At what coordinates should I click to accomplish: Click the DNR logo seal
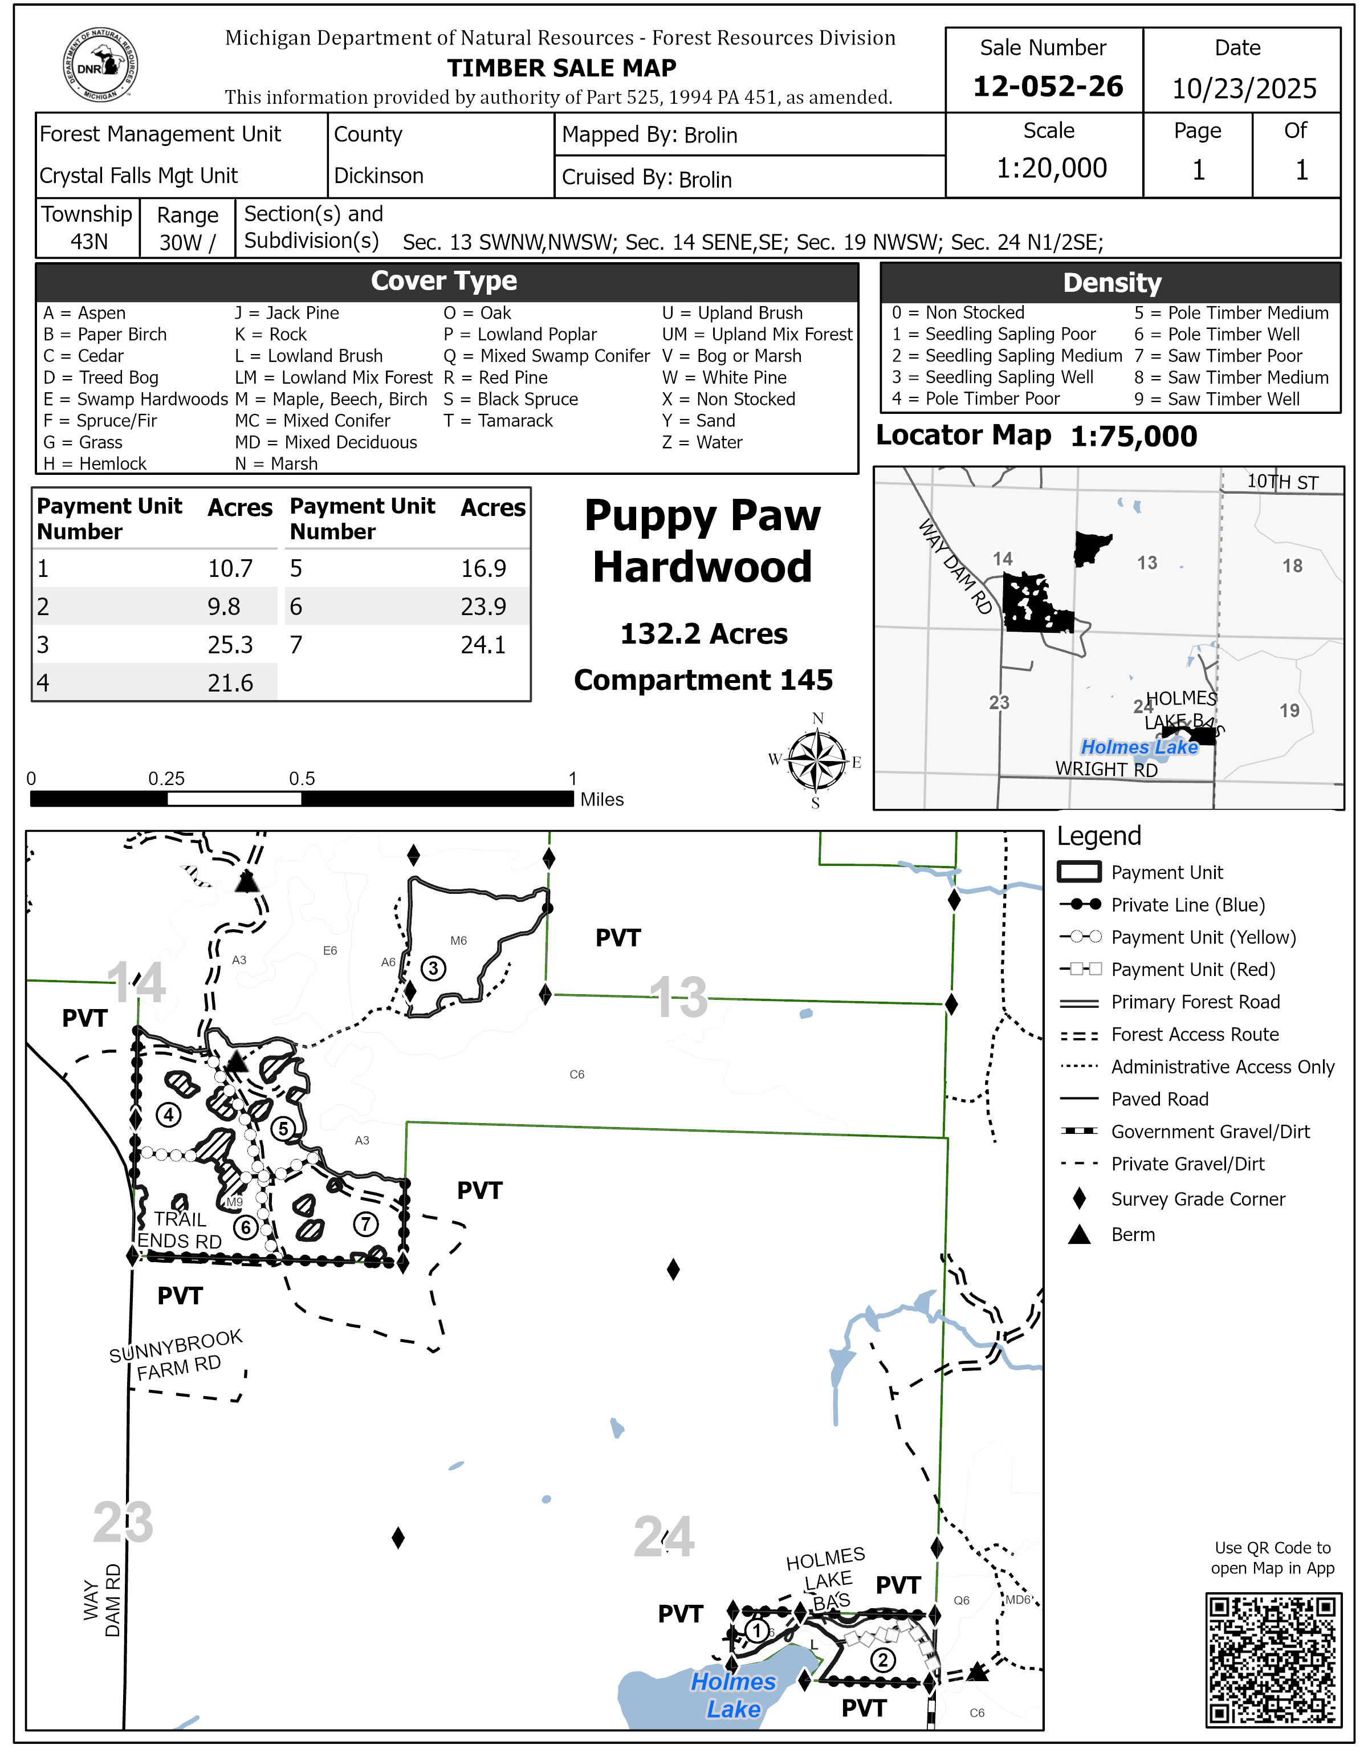[100, 66]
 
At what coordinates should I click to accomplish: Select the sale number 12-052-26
[1047, 87]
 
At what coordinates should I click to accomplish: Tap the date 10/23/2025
[1244, 88]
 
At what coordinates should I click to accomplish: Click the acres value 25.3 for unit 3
[230, 645]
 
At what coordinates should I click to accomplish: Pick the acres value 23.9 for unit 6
[483, 607]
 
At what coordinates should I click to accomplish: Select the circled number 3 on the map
[433, 968]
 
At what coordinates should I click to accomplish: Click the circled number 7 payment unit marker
[366, 1224]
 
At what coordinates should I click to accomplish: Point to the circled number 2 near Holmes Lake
[882, 1660]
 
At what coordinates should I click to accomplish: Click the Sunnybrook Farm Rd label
[177, 1356]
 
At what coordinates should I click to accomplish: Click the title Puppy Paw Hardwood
[702, 541]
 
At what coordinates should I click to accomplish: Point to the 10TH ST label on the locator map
[1282, 482]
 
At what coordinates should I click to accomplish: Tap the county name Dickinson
[378, 176]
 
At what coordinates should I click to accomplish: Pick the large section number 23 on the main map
[123, 1523]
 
